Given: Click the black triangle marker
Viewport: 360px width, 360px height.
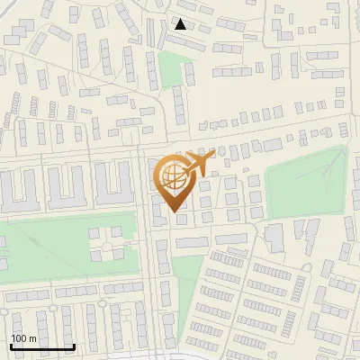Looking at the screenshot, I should (x=181, y=24).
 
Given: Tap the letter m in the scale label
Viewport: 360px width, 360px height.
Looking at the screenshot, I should (x=31, y=337).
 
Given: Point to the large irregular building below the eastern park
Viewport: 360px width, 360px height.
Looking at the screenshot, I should (x=275, y=236).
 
